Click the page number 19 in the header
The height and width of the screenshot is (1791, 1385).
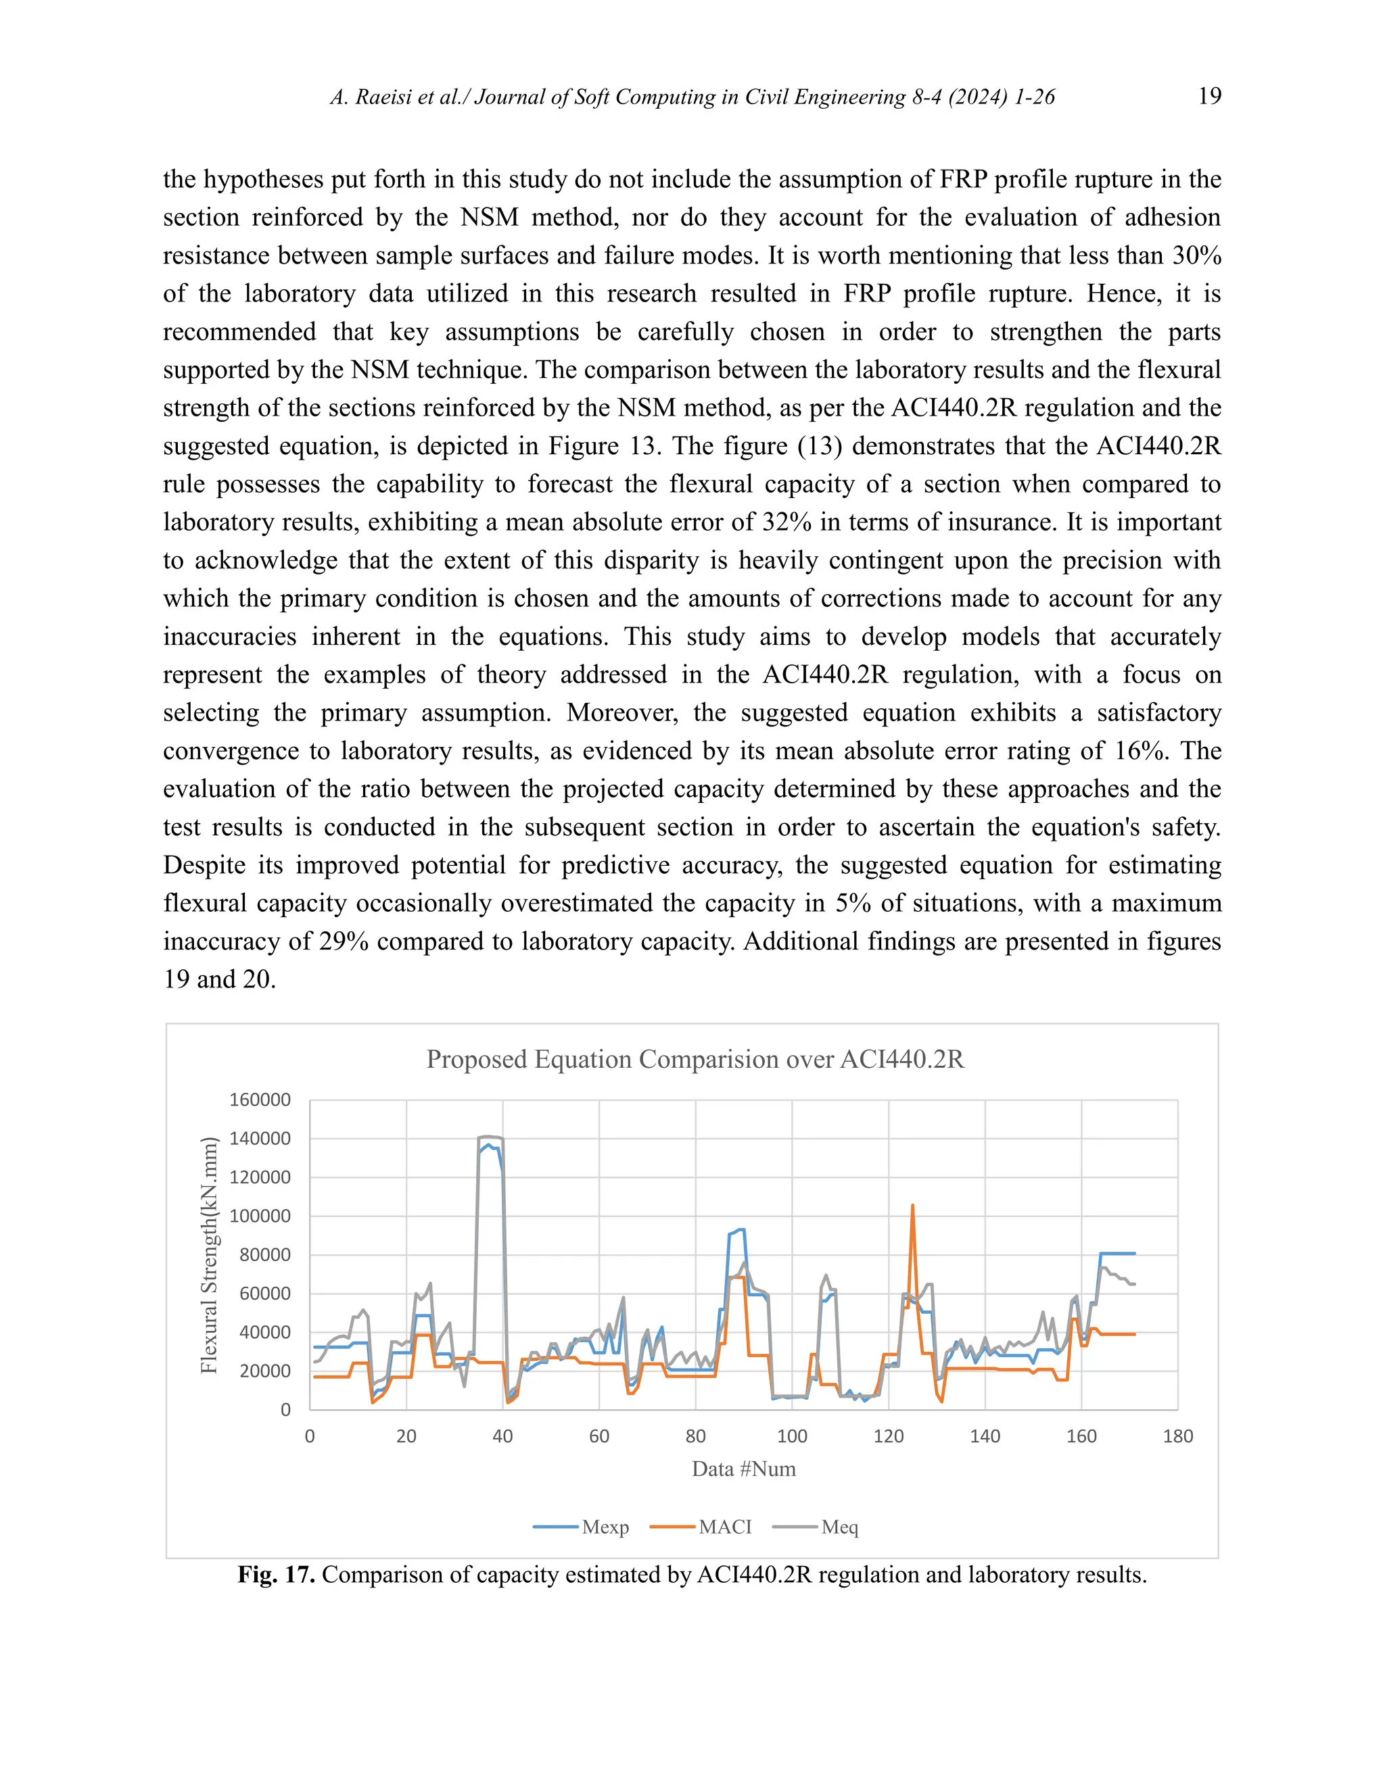(x=1209, y=96)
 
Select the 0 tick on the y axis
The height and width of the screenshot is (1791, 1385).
(x=285, y=1410)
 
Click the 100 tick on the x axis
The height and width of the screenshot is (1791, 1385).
(x=792, y=1436)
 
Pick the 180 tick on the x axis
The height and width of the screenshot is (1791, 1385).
(x=1177, y=1436)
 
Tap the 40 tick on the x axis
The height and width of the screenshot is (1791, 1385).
(x=502, y=1436)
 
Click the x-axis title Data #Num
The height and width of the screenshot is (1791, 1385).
(x=743, y=1469)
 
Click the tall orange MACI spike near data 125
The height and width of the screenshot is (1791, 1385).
(x=912, y=1208)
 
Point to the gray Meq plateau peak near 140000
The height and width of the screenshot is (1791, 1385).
(x=489, y=1137)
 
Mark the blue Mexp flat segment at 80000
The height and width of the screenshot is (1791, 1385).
(x=1117, y=1253)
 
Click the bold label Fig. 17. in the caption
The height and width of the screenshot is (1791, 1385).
(x=276, y=1575)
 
